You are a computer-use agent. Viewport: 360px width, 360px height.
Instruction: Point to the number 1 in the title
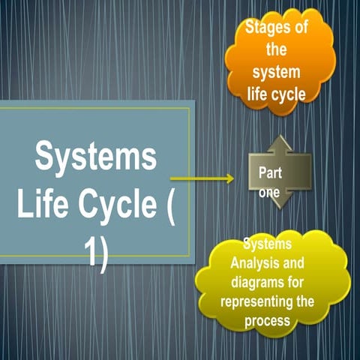click(90, 253)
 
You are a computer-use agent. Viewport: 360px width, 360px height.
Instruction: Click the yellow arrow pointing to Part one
click(202, 178)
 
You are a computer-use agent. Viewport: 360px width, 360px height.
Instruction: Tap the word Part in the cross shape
click(270, 172)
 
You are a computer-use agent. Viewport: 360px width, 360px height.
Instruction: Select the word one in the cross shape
click(269, 191)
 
